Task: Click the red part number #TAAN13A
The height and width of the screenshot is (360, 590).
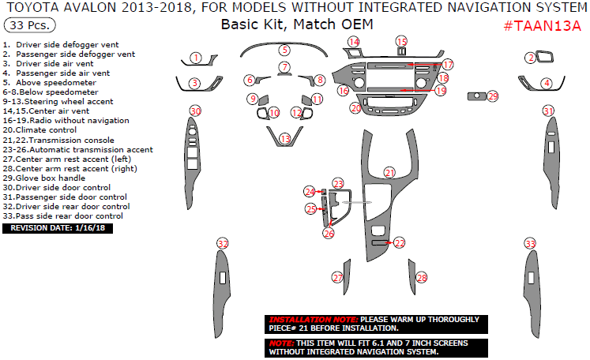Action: click(542, 25)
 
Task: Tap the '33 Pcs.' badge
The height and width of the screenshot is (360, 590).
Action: click(30, 25)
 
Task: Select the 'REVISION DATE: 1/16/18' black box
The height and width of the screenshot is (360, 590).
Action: click(58, 228)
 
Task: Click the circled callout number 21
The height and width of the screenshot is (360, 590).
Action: click(389, 173)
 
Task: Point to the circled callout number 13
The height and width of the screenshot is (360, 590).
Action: click(286, 139)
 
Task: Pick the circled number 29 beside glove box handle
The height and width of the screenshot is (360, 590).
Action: click(493, 96)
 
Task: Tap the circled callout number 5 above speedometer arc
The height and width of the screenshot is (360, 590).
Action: click(285, 50)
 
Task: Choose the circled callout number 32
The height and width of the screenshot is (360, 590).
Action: click(223, 243)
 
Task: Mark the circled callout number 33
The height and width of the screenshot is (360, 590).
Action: click(530, 243)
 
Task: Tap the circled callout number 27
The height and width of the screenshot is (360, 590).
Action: click(337, 278)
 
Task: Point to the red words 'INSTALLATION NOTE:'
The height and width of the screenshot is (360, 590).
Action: click(314, 320)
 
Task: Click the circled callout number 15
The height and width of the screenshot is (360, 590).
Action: click(401, 41)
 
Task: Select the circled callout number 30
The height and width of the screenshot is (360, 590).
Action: click(195, 111)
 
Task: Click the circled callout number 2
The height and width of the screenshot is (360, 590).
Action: click(531, 58)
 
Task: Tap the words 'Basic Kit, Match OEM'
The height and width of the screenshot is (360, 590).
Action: click(297, 24)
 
